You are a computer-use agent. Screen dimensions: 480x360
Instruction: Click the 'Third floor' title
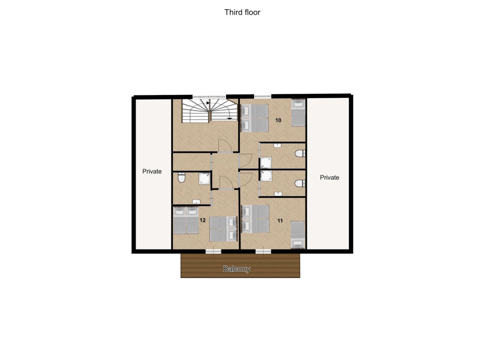click(242, 12)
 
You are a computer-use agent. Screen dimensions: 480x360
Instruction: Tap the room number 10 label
click(278, 120)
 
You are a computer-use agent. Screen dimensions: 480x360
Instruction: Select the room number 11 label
click(280, 221)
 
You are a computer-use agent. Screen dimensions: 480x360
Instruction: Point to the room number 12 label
click(202, 220)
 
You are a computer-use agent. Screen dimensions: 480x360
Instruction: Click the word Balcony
click(237, 269)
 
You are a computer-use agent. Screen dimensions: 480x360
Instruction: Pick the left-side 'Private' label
click(152, 171)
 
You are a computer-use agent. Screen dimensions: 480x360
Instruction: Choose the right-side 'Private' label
click(329, 177)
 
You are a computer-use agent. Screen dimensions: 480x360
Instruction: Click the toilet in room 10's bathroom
click(300, 153)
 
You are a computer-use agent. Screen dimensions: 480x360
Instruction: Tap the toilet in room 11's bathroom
click(300, 183)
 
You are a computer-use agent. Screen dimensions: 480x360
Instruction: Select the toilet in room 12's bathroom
click(182, 177)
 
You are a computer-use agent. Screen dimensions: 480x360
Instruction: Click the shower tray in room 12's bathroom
click(205, 178)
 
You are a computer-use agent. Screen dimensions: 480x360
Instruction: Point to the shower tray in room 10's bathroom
click(266, 163)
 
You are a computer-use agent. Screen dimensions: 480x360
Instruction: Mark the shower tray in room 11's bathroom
click(266, 176)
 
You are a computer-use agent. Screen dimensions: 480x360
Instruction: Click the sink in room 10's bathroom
click(277, 145)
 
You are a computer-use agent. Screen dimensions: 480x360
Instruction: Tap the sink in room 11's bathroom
click(278, 194)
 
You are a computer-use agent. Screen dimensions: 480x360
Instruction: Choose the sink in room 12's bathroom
click(196, 202)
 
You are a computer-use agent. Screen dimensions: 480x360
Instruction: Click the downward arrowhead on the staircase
click(229, 118)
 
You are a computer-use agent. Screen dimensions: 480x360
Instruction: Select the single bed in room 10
click(298, 113)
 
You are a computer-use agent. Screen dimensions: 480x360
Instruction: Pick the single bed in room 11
click(298, 235)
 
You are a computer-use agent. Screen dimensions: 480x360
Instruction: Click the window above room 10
click(263, 96)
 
